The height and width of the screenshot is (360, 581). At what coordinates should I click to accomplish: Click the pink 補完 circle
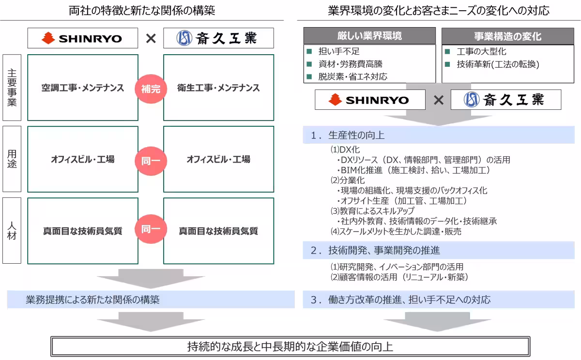pos(151,88)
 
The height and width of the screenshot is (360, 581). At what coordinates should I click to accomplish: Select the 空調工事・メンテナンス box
pos(83,88)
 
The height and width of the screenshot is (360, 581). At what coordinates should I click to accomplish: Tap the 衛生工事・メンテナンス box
pos(218,88)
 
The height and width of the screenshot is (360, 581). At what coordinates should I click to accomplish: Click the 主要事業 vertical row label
pos(12,88)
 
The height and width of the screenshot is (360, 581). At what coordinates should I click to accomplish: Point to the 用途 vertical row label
pos(12,159)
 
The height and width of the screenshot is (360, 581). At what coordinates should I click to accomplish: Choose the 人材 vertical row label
pos(12,230)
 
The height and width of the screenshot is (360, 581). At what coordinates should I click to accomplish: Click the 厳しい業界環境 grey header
pos(369,36)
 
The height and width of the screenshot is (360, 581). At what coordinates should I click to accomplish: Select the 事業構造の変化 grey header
pos(507,36)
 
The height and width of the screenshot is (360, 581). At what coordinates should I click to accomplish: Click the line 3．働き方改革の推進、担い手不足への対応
pos(400,300)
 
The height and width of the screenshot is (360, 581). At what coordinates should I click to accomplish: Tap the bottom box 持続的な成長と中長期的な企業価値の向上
pos(290,346)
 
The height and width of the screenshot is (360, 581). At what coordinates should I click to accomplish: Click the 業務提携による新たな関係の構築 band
pos(92,300)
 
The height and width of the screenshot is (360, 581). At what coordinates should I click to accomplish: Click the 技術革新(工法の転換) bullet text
pos(498,64)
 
